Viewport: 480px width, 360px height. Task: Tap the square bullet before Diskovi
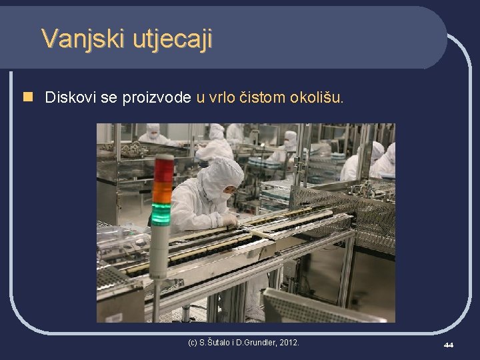tap(27, 97)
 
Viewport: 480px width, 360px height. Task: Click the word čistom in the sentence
tap(261, 97)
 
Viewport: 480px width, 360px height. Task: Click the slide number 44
tap(448, 345)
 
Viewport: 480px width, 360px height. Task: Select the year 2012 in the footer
tap(289, 343)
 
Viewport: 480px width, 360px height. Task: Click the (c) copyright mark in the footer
tap(193, 343)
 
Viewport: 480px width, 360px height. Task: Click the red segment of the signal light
tap(163, 170)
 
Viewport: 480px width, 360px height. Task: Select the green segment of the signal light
tap(161, 213)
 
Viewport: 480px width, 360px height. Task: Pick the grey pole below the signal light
tap(158, 293)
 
